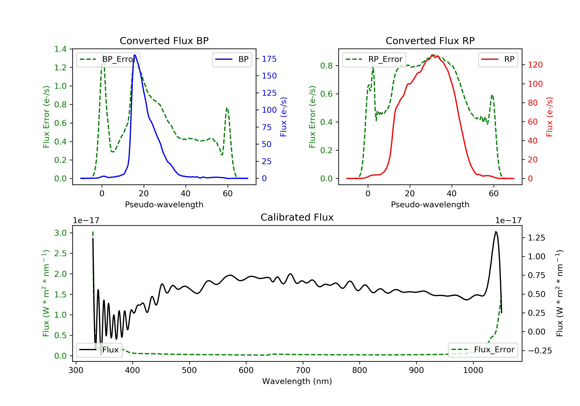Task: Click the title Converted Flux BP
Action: pos(164,41)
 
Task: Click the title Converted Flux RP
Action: pos(430,41)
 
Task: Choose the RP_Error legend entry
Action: pos(374,59)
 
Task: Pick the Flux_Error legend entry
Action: pos(483,350)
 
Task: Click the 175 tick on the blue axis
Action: pos(269,59)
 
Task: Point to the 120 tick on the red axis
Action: pos(535,65)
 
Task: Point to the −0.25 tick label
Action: pos(540,351)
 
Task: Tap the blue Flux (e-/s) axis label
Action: pos(283,117)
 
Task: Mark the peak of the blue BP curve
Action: pos(135,55)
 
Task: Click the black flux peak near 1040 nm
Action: pos(496,232)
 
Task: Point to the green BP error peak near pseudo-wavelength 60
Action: pos(227,108)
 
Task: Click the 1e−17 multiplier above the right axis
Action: pos(508,221)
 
